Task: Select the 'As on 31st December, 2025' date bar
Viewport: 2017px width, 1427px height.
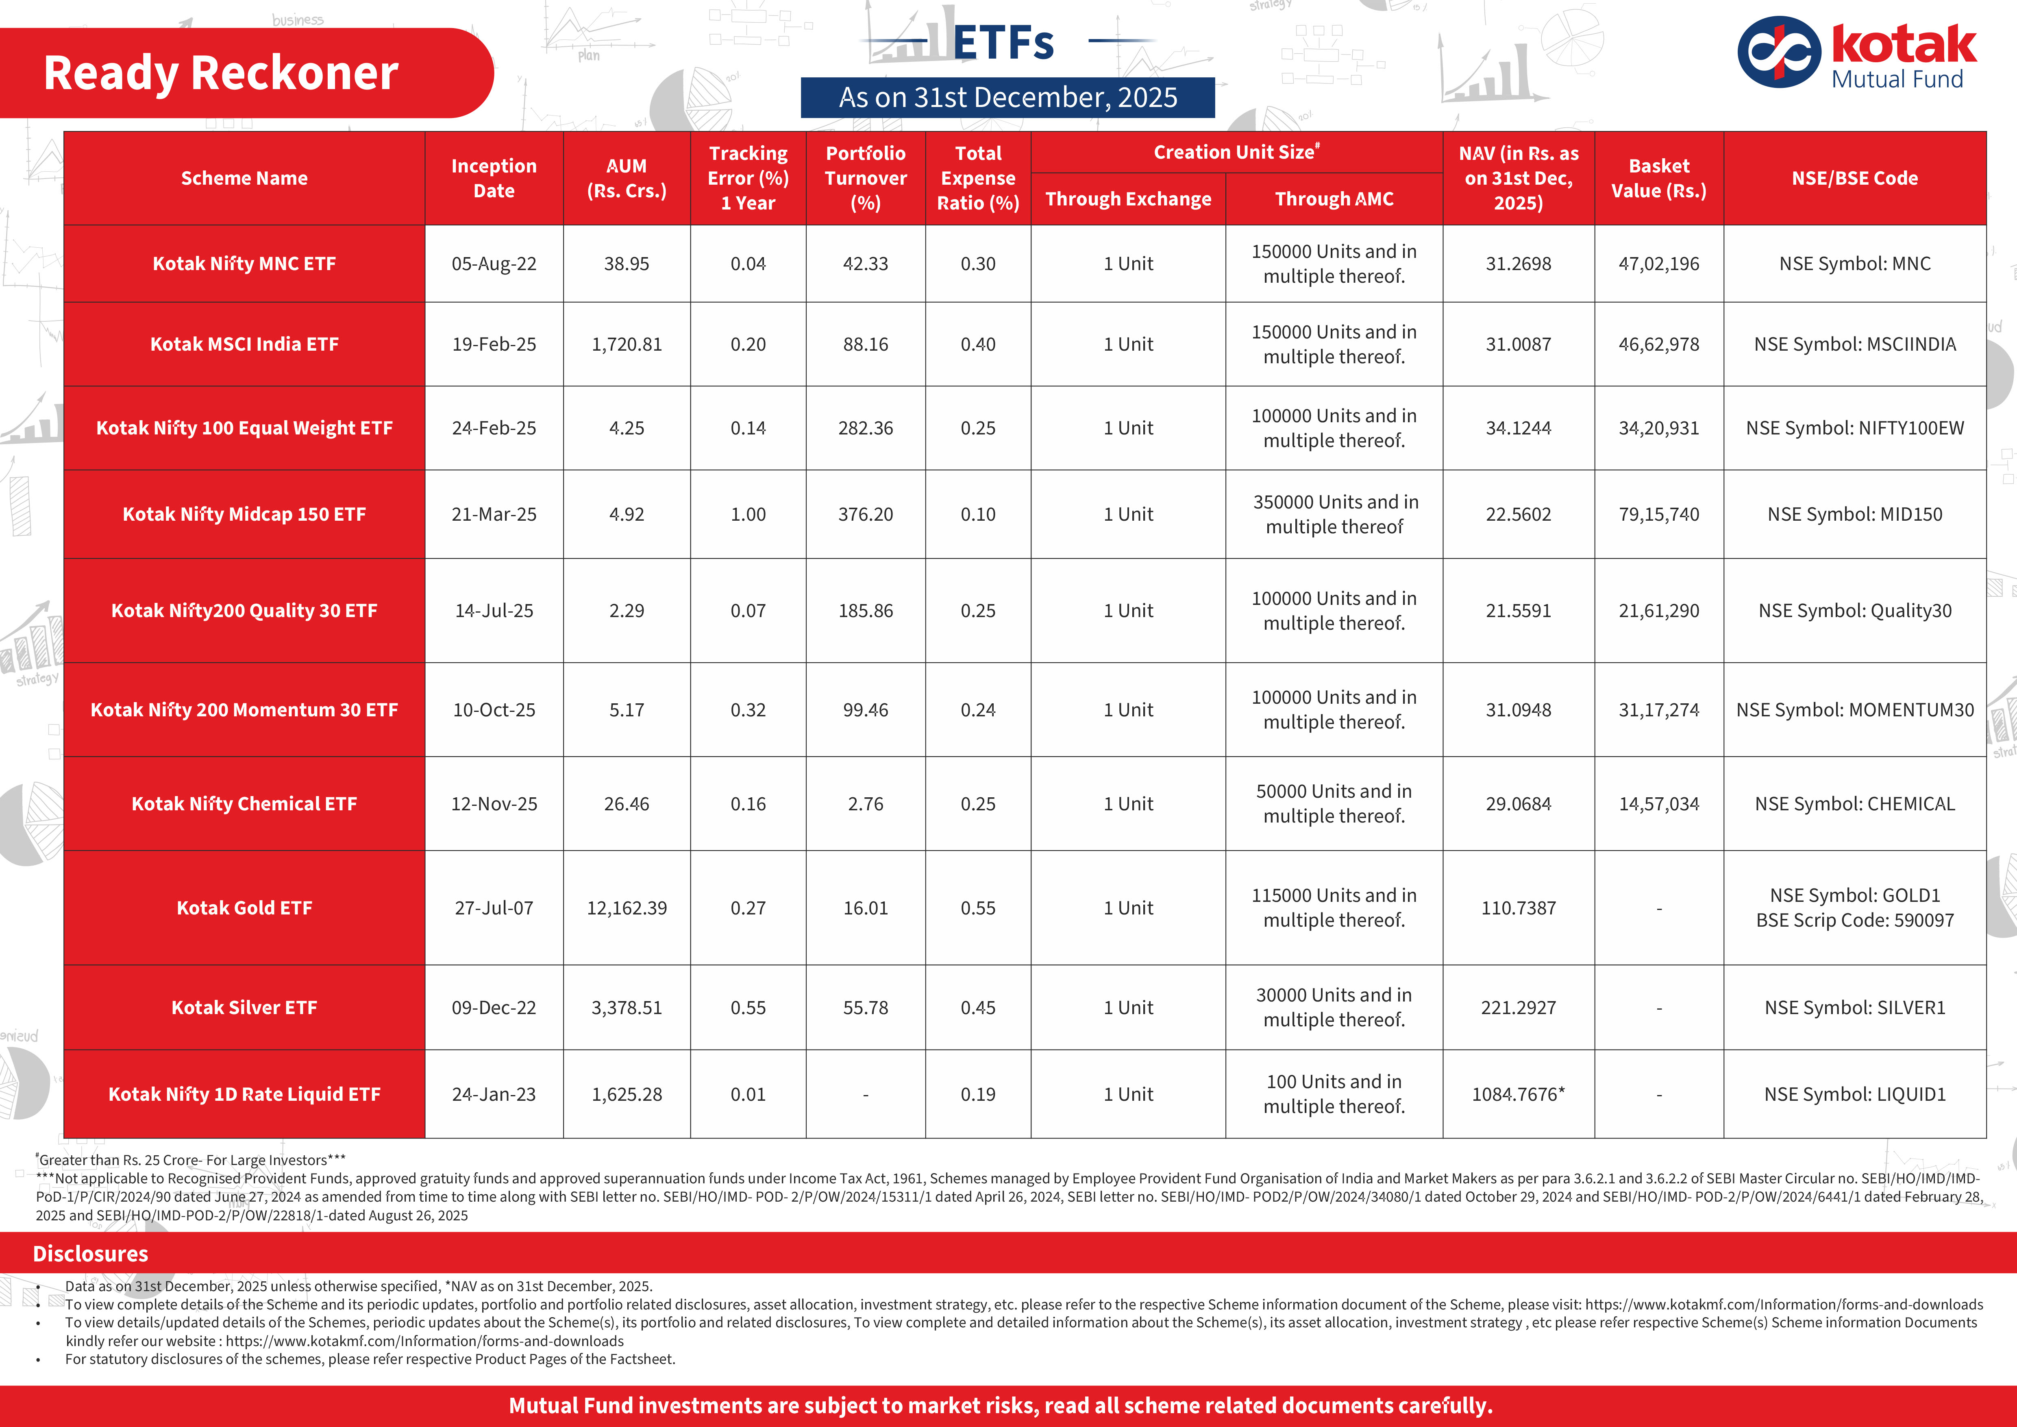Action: [x=1007, y=98]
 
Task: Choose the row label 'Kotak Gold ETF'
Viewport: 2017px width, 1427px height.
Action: [x=244, y=908]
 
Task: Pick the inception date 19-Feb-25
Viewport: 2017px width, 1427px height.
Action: [x=494, y=345]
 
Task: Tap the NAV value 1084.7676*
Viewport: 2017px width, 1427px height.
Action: [x=1518, y=1094]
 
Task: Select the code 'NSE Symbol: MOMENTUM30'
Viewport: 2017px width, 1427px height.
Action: [x=1854, y=710]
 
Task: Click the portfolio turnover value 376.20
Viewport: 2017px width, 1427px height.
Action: [x=865, y=514]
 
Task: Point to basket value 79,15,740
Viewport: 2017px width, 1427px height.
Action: [x=1658, y=514]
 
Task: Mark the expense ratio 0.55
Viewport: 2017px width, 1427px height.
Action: [x=978, y=908]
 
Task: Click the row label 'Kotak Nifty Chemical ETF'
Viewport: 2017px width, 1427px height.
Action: [x=244, y=804]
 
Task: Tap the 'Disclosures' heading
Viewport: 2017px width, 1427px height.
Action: [x=91, y=1254]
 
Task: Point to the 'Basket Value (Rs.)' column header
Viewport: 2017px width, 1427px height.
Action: [x=1658, y=178]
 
